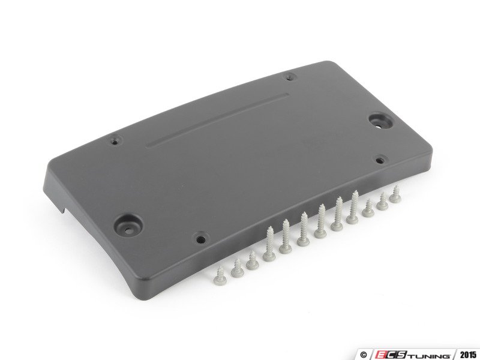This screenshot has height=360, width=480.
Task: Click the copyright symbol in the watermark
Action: click(x=364, y=355)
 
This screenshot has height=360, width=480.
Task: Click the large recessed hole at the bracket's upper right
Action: click(x=379, y=121)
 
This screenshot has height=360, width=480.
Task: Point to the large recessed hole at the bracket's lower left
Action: click(x=128, y=224)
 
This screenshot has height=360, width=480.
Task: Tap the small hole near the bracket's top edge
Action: click(x=290, y=78)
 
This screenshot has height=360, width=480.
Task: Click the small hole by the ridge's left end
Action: click(x=115, y=142)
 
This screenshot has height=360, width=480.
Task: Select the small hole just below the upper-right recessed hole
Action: click(x=379, y=160)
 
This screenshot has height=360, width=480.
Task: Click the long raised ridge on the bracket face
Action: click(x=218, y=121)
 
